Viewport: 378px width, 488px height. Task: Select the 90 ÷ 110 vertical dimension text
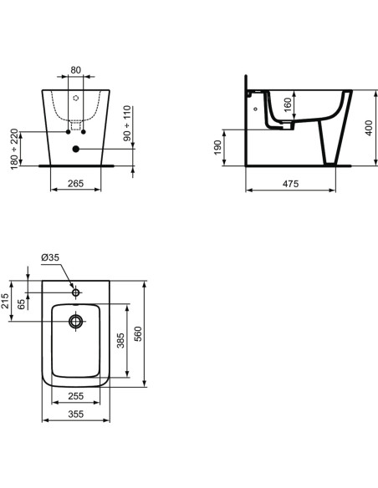(128, 124)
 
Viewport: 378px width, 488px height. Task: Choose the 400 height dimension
(367, 128)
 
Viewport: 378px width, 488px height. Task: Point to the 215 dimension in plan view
(6, 302)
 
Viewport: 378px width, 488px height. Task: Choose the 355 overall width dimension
(75, 413)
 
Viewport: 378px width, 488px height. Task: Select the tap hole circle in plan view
(75, 292)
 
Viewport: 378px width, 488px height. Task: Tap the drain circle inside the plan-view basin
(75, 320)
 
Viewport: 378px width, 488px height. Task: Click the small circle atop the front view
(75, 97)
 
